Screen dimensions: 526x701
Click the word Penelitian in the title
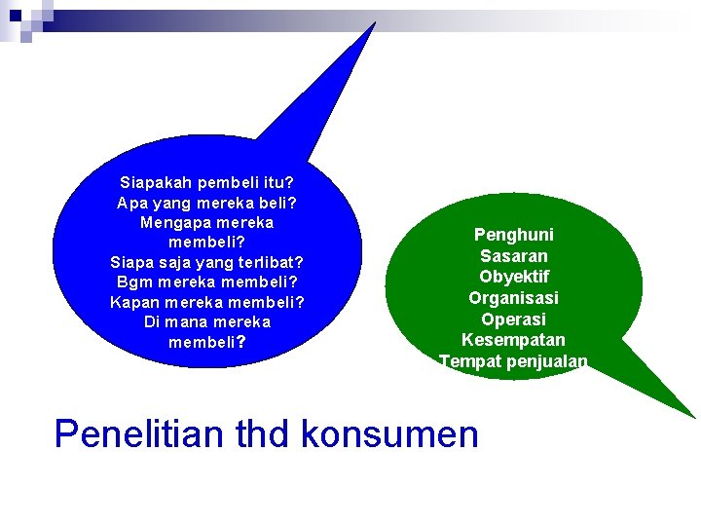pyautogui.click(x=140, y=433)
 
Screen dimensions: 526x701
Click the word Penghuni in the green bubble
pyautogui.click(x=513, y=235)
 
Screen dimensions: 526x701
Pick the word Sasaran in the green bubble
pyautogui.click(x=513, y=256)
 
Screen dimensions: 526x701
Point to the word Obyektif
pyautogui.click(x=513, y=277)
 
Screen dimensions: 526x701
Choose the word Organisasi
pyautogui.click(x=513, y=298)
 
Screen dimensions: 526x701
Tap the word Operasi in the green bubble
pyautogui.click(x=513, y=319)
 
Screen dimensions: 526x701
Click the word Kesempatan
pyautogui.click(x=513, y=341)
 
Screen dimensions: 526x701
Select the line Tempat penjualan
pyautogui.click(x=513, y=362)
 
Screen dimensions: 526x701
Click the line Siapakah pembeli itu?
pyautogui.click(x=207, y=182)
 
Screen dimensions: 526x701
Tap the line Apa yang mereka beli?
pyautogui.click(x=207, y=203)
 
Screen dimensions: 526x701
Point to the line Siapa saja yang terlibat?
pyautogui.click(x=207, y=262)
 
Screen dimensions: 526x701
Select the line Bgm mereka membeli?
pyautogui.click(x=207, y=282)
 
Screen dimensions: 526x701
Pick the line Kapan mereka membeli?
pyautogui.click(x=207, y=302)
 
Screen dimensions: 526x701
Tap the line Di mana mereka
pyautogui.click(x=207, y=321)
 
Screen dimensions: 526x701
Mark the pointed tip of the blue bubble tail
pyautogui.click(x=374, y=23)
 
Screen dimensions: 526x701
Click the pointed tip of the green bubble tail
pyautogui.click(x=694, y=418)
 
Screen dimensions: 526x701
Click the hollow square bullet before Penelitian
pyautogui.click(x=35, y=434)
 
